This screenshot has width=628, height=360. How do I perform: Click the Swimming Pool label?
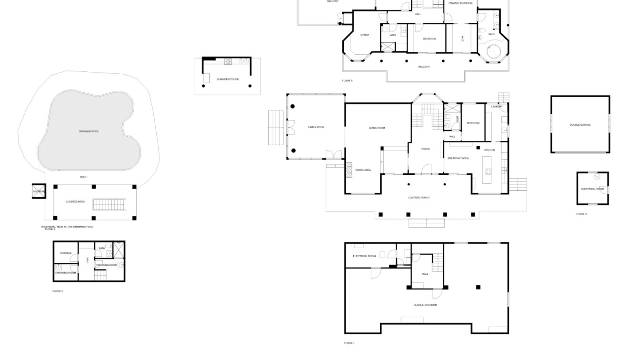89,131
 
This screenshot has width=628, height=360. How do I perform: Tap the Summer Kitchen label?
228,79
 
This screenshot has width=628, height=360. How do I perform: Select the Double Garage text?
580,125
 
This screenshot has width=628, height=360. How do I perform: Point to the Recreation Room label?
425,305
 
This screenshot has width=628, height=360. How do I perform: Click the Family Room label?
316,127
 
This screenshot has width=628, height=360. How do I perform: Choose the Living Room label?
377,128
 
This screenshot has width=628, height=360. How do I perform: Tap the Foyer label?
425,149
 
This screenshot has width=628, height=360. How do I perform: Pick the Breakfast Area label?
458,158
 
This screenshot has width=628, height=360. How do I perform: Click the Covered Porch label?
419,198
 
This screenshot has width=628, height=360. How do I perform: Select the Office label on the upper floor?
365,35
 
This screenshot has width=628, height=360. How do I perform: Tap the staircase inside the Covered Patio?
109,205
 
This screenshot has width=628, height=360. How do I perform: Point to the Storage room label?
66,253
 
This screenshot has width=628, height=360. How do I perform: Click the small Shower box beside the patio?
39,191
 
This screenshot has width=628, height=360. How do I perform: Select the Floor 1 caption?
349,343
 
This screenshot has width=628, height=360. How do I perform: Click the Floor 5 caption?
347,81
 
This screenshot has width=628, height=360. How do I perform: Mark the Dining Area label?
364,170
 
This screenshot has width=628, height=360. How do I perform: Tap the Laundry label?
497,107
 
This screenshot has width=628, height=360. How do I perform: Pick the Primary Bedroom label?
460,3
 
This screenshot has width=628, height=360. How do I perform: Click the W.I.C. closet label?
462,39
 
